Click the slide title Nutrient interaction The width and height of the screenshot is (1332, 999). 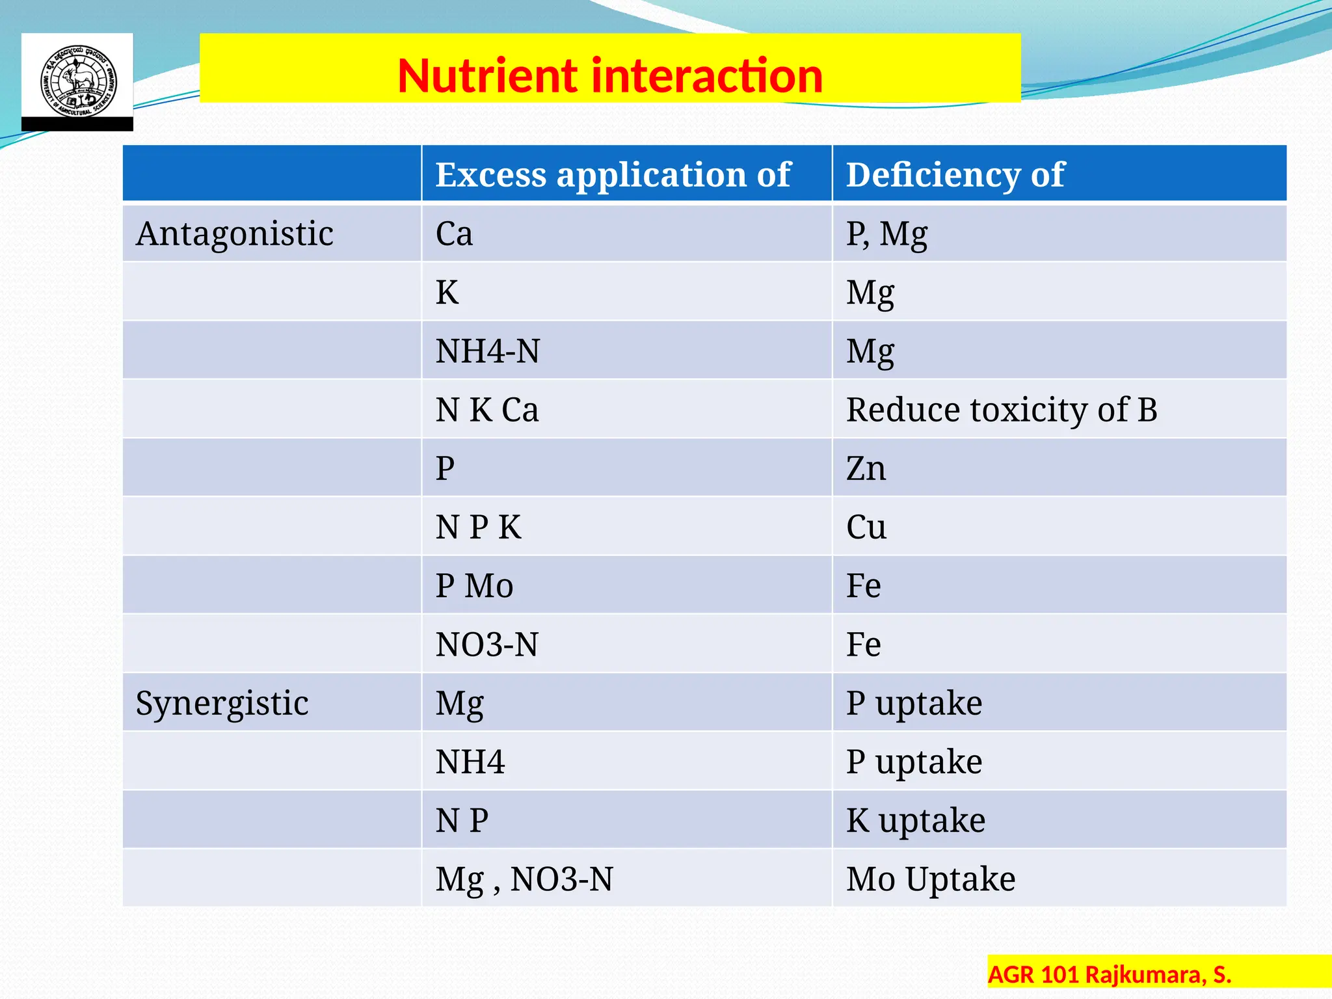pyautogui.click(x=610, y=75)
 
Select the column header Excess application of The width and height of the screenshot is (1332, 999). pyautogui.click(x=613, y=174)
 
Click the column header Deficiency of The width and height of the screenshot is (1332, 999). pyautogui.click(x=955, y=174)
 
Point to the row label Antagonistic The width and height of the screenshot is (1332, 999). pyautogui.click(x=234, y=233)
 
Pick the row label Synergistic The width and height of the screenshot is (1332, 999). pyautogui.click(x=222, y=703)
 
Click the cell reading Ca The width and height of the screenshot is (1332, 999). pyautogui.click(x=454, y=233)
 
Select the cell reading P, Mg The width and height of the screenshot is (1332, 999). pyautogui.click(x=886, y=233)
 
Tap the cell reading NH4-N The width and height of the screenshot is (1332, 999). pyautogui.click(x=487, y=351)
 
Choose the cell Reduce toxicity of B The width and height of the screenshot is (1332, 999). pyautogui.click(x=1001, y=410)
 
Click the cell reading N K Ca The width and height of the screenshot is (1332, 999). pyautogui.click(x=486, y=410)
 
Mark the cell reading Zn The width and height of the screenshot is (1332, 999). pyautogui.click(x=866, y=468)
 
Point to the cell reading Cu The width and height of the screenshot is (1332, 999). pyautogui.click(x=866, y=527)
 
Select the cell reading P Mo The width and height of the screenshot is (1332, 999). pyautogui.click(x=474, y=585)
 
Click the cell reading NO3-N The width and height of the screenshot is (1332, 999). pyautogui.click(x=486, y=645)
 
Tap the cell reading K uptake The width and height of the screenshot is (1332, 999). pyautogui.click(x=915, y=820)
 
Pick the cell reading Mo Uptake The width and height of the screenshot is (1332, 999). pyautogui.click(x=930, y=879)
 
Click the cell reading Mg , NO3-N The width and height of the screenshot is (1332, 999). pyautogui.click(x=524, y=879)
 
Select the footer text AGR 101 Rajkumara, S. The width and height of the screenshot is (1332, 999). pyautogui.click(x=1109, y=974)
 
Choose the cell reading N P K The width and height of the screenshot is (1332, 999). pyautogui.click(x=478, y=527)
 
